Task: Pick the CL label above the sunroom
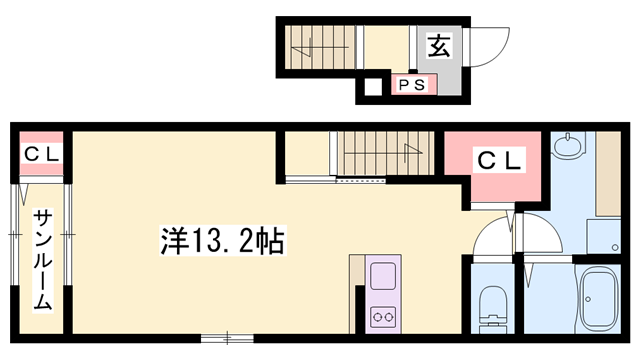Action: [40, 154]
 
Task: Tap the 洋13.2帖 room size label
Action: [221, 240]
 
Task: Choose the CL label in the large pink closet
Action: [497, 159]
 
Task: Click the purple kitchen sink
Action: [383, 275]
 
